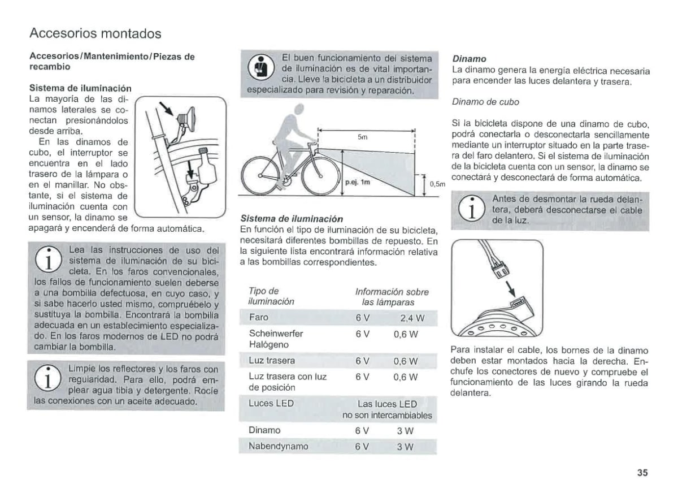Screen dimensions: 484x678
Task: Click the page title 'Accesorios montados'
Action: (95, 33)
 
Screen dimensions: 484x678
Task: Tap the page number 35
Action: (642, 473)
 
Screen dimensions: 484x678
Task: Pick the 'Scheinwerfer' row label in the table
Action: (276, 334)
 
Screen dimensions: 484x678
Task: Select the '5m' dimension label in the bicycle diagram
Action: (363, 137)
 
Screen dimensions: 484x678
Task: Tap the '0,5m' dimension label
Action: (438, 184)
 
